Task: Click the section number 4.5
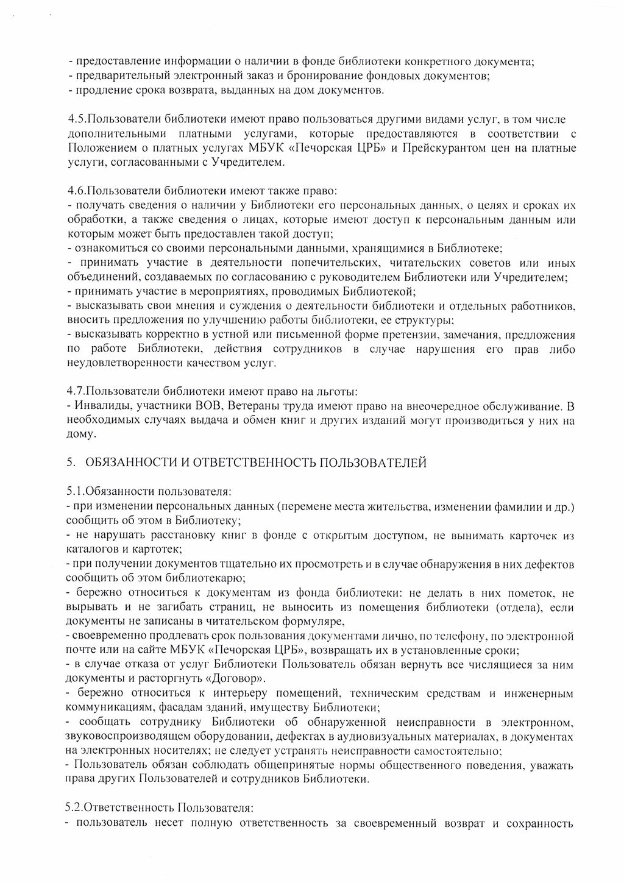(x=77, y=120)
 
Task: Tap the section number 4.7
(x=77, y=391)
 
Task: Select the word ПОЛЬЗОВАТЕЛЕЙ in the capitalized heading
(x=374, y=463)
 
